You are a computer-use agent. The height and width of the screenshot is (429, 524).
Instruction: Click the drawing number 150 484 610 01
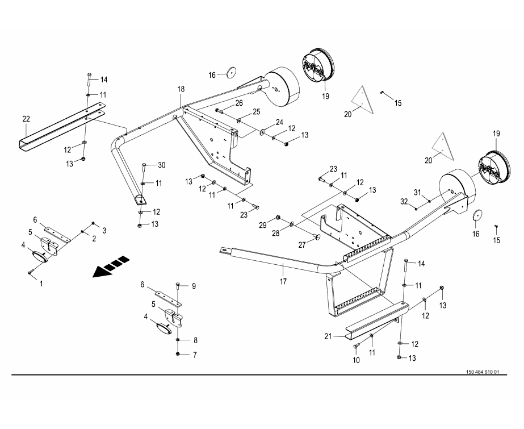[x=482, y=372]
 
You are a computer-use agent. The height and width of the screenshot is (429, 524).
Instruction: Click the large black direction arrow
[x=110, y=268]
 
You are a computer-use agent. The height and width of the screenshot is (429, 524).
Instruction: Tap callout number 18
[x=181, y=89]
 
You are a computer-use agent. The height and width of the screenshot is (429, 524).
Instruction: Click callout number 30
[x=161, y=165]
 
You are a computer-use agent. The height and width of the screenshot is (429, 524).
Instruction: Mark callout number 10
[x=356, y=360]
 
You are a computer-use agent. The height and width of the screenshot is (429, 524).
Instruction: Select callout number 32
[x=404, y=201]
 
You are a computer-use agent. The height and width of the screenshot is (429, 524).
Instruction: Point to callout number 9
[x=194, y=286]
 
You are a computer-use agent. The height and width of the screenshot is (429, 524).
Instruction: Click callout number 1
[x=41, y=282]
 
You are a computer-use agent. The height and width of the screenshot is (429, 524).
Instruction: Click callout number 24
[x=279, y=122]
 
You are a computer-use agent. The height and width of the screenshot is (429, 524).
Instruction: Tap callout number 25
[x=256, y=112]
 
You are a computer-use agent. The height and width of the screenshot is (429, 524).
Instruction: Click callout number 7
[x=194, y=355]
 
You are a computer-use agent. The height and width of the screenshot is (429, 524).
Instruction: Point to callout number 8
[x=195, y=340]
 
